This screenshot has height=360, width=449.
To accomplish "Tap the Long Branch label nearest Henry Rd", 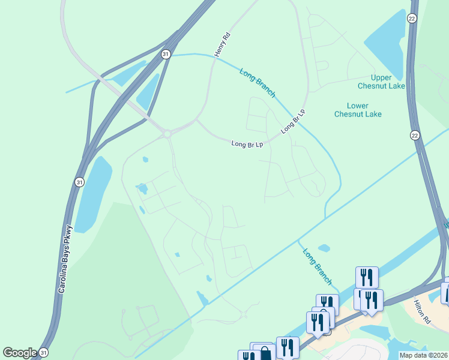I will pyautogui.click(x=257, y=83).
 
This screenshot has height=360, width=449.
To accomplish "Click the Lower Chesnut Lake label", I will pyautogui.click(x=358, y=110).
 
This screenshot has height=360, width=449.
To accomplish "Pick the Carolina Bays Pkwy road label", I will pyautogui.click(x=65, y=259).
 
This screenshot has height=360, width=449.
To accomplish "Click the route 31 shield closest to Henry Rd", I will pyautogui.click(x=166, y=54).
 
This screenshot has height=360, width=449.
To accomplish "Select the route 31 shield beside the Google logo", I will pyautogui.click(x=43, y=353).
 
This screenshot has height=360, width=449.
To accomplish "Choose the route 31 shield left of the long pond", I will pyautogui.click(x=80, y=181).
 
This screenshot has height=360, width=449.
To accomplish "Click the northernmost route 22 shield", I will pyautogui.click(x=412, y=19).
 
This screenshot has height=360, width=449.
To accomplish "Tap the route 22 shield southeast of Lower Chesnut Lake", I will pyautogui.click(x=414, y=135).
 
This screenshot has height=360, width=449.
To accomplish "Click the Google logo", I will pyautogui.click(x=20, y=353).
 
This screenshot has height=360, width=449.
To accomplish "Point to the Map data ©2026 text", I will pyautogui.click(x=424, y=355).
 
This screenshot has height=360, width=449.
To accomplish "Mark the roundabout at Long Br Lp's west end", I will pyautogui.click(x=167, y=134).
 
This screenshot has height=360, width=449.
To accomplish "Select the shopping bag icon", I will pyautogui.click(x=265, y=353).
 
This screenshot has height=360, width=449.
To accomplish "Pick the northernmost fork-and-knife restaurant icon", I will pyautogui.click(x=367, y=277).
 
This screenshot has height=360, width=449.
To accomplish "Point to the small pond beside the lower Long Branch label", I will pyautogui.click(x=324, y=248).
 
